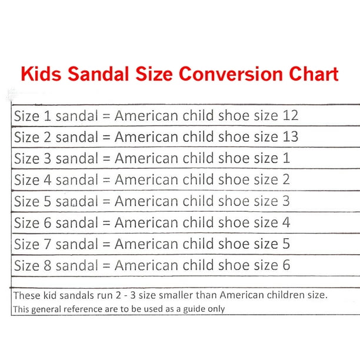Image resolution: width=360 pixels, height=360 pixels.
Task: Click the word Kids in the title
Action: [x=41, y=74]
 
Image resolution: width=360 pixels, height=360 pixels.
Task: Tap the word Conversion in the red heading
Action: [x=231, y=74]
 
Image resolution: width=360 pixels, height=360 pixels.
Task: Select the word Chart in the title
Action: [x=314, y=74]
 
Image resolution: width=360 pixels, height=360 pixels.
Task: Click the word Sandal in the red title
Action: [x=98, y=74]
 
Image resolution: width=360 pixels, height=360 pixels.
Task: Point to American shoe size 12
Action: [x=291, y=115]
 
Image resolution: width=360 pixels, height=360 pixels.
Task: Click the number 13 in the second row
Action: [x=291, y=136]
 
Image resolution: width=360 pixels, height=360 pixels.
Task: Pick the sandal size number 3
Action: [x=47, y=158]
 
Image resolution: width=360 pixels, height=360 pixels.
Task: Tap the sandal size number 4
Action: [x=47, y=179]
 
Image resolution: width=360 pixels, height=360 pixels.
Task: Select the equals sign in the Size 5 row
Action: [x=106, y=202]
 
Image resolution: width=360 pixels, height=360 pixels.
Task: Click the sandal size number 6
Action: [x=47, y=222]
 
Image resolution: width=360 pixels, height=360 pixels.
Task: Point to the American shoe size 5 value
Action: [x=286, y=244]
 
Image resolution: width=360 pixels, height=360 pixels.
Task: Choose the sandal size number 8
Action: [x=47, y=265]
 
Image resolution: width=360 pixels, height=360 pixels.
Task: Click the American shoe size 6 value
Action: [x=286, y=265]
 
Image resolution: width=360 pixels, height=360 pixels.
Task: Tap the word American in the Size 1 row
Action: [x=146, y=115]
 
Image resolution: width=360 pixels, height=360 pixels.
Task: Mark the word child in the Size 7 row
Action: [x=198, y=244]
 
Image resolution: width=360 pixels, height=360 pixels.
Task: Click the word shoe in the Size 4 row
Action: [x=234, y=179]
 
